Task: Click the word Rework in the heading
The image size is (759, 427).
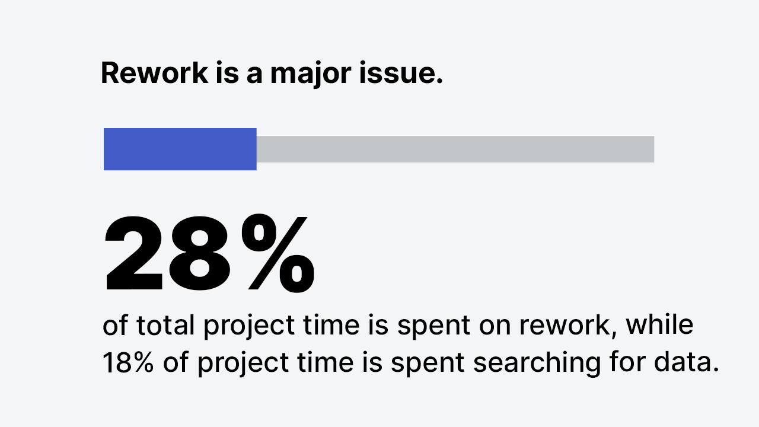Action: tap(155, 73)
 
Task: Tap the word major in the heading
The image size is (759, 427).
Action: tap(310, 75)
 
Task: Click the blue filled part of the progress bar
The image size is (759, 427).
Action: tap(180, 149)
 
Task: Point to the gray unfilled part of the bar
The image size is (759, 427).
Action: tap(455, 149)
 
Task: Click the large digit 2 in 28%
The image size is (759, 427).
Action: tap(134, 253)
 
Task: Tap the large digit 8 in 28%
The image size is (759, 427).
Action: tap(199, 253)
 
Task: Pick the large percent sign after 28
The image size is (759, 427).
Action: tap(278, 253)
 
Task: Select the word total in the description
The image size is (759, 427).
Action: tap(165, 325)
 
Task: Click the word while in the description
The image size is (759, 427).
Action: tap(659, 324)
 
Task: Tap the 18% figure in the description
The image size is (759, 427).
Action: tap(127, 362)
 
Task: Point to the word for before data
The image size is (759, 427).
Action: tap(627, 362)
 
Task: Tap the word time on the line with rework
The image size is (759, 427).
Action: tap(331, 324)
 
